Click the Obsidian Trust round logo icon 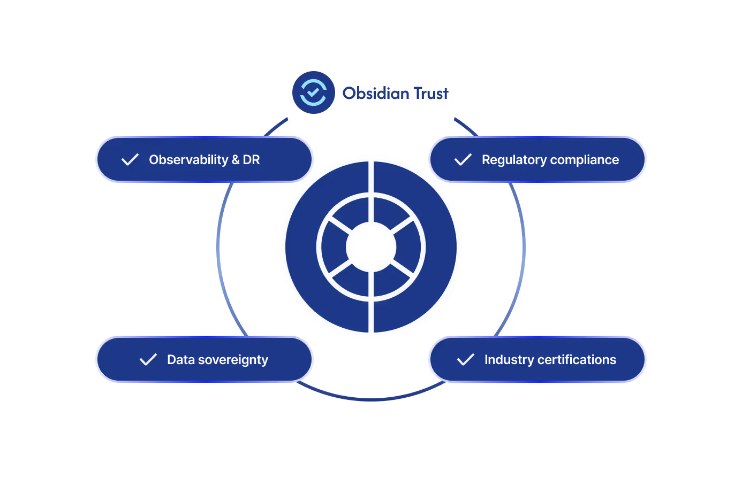pyautogui.click(x=313, y=92)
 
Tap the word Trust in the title pyautogui.click(x=430, y=94)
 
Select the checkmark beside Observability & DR pyautogui.click(x=130, y=160)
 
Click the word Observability pyautogui.click(x=188, y=160)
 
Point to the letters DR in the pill pyautogui.click(x=251, y=160)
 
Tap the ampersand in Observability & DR pyautogui.click(x=236, y=160)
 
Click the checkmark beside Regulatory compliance pyautogui.click(x=463, y=160)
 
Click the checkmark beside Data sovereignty pyautogui.click(x=148, y=360)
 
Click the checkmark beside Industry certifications pyautogui.click(x=466, y=360)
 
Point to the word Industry pyautogui.click(x=509, y=360)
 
